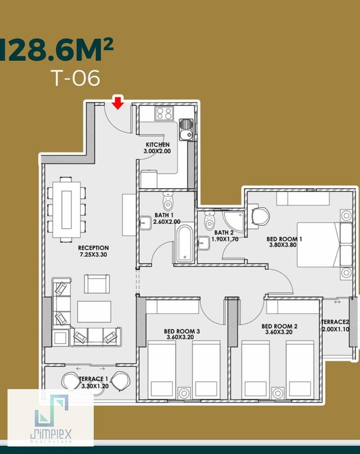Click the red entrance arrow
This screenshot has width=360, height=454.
pos(118,103)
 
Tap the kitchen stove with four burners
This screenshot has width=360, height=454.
pos(164,113)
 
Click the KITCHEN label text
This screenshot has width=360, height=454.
pos(157,145)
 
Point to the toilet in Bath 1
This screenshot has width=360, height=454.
pos(168,201)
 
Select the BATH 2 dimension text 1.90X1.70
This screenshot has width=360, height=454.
pos(225,239)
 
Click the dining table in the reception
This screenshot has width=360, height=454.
pos(67,209)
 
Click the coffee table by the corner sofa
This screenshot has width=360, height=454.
pos(94,312)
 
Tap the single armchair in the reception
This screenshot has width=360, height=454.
pos(97,284)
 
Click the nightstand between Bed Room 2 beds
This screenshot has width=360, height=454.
pos(278,393)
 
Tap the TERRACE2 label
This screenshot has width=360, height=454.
pos(335,322)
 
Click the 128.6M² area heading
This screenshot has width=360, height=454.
pos(56,50)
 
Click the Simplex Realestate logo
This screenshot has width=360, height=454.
pos(51,418)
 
